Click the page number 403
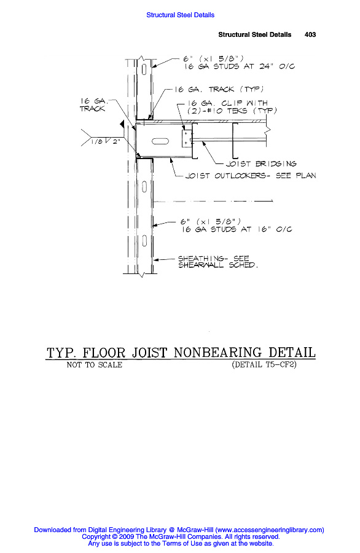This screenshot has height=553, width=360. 310,34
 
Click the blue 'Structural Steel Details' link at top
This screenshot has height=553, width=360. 180,15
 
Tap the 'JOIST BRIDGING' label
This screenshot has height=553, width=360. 261,163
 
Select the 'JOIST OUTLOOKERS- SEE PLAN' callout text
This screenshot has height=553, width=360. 251,176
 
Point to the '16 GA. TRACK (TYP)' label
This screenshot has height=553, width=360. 219,89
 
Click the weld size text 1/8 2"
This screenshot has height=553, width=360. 106,141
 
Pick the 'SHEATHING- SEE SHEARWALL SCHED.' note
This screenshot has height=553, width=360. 218,262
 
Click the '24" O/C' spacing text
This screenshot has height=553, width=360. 277,66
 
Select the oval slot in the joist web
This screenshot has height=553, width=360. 160,141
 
